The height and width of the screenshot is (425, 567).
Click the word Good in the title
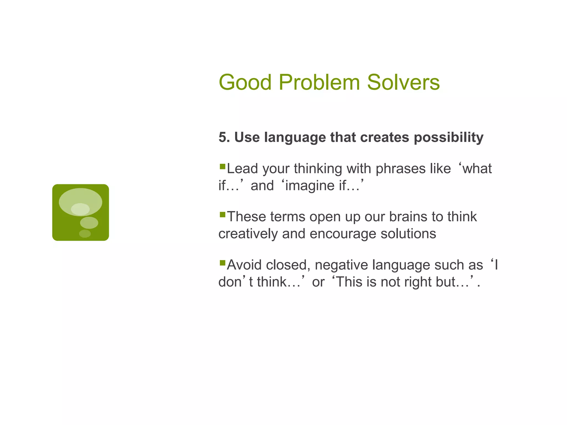pyautogui.click(x=245, y=82)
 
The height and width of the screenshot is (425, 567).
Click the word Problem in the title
pyautogui.click(x=319, y=82)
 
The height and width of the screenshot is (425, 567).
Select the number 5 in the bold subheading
pyautogui.click(x=222, y=137)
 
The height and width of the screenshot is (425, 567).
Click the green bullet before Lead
pyautogui.click(x=222, y=167)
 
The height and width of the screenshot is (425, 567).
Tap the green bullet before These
pyautogui.click(x=222, y=215)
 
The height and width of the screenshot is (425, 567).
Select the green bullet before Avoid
pyautogui.click(x=222, y=263)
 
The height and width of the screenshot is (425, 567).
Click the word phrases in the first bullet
pyautogui.click(x=401, y=169)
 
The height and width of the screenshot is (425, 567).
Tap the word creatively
pyautogui.click(x=248, y=234)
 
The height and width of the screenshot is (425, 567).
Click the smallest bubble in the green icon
pyautogui.click(x=85, y=234)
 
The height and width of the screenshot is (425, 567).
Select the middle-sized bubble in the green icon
pyautogui.click(x=89, y=223)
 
